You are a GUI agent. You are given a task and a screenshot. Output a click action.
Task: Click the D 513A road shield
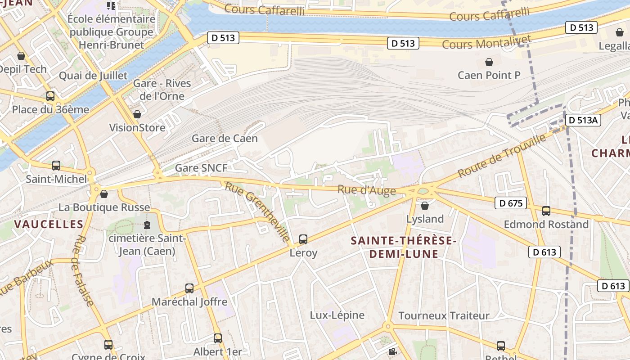coord(583,120)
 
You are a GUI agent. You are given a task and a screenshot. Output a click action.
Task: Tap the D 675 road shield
coord(511,203)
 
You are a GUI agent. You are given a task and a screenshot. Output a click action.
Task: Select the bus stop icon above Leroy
coord(303,239)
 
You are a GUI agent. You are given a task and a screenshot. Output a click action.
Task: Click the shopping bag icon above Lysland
coord(424,206)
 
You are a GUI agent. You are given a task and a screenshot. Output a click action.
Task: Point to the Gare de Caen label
coord(225,139)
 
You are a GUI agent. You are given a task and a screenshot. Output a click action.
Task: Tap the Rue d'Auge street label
coord(367,190)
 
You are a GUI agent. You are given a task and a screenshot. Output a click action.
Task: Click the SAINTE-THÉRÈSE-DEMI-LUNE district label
coord(404,247)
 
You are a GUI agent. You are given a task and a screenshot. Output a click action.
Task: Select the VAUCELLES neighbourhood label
coord(49,224)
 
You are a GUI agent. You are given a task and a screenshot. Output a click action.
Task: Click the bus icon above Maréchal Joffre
coord(189,288)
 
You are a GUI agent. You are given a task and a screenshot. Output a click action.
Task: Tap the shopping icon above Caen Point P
coord(489,62)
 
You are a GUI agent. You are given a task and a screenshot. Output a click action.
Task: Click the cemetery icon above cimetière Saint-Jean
coord(147,225)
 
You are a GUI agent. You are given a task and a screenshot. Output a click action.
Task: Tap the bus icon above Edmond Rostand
coord(546,211)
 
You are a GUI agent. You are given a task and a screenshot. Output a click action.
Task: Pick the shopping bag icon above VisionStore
coord(137,115)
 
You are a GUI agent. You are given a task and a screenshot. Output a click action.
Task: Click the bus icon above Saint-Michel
coord(56,166)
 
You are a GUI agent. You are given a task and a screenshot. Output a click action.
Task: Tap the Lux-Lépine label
coord(337,315)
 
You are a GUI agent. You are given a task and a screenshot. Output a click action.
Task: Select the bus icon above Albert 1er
coord(218,338)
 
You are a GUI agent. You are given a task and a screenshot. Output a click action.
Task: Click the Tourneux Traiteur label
coord(444,316)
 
